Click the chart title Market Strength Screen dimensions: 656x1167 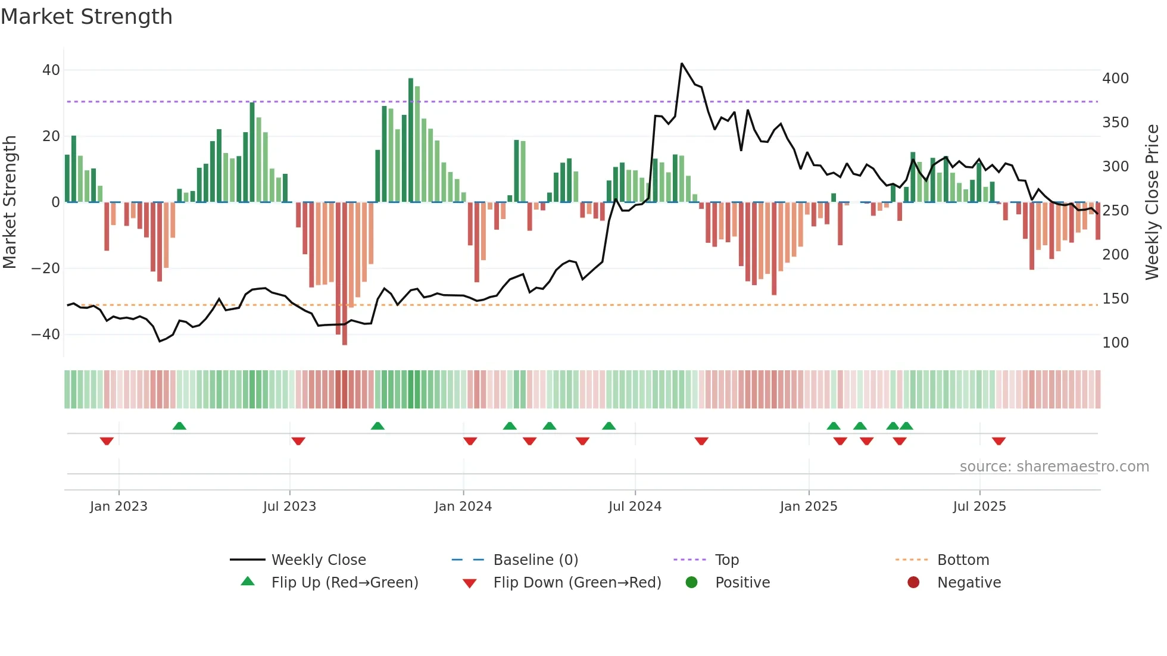coord(86,17)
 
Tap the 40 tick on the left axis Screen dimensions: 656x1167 coord(51,70)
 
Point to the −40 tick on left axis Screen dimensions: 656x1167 coord(46,335)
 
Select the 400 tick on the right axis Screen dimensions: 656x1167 coord(1115,79)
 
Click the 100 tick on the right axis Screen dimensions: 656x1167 coord(1115,343)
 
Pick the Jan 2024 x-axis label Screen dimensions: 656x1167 coord(463,507)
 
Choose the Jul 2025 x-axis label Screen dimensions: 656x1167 coord(979,507)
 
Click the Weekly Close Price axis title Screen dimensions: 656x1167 coord(1152,202)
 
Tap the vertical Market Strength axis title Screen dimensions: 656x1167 coord(10,202)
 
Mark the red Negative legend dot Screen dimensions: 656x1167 coord(913,583)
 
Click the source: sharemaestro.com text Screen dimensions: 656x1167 coord(1054,467)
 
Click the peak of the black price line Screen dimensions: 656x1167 coord(682,64)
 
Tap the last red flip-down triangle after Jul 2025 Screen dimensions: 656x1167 coord(998,441)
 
